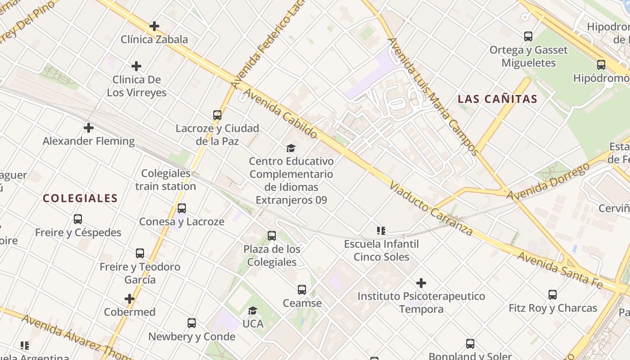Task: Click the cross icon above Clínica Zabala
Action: click(154, 26)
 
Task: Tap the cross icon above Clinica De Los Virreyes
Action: click(136, 67)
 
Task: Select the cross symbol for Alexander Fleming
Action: click(89, 128)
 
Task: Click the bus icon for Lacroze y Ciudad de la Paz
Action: click(217, 115)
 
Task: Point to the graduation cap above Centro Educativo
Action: click(291, 148)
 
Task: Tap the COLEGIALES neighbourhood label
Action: click(80, 198)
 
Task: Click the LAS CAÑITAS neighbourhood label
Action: click(497, 99)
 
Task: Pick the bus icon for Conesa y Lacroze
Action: click(182, 208)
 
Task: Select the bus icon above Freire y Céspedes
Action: click(78, 219)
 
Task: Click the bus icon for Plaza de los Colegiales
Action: click(272, 236)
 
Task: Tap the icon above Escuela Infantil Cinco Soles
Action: click(381, 231)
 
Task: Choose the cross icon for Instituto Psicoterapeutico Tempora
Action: click(421, 283)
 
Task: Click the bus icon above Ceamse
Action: click(302, 290)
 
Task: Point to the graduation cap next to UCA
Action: click(253, 310)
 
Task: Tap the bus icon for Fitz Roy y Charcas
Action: click(553, 295)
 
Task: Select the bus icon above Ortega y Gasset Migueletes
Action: click(528, 36)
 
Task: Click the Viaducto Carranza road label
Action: click(431, 209)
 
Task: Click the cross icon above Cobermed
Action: click(130, 299)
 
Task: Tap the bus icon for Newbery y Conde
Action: click(192, 323)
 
